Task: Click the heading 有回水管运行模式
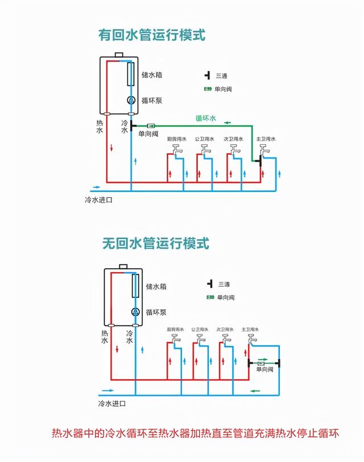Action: pyautogui.click(x=151, y=34)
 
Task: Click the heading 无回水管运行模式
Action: pyautogui.click(x=155, y=243)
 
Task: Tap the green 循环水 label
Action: pyautogui.click(x=206, y=118)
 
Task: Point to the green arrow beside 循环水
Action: pyautogui.click(x=227, y=122)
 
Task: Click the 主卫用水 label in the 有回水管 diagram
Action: pyautogui.click(x=265, y=139)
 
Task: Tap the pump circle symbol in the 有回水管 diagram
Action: pyautogui.click(x=130, y=100)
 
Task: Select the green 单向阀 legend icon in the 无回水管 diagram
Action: pyautogui.click(x=210, y=297)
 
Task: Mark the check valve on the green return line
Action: pyautogui.click(x=151, y=125)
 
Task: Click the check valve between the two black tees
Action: pyautogui.click(x=262, y=362)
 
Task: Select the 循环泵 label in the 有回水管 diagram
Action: pyautogui.click(x=152, y=100)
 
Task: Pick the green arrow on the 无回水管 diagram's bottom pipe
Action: pyautogui.click(x=257, y=391)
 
